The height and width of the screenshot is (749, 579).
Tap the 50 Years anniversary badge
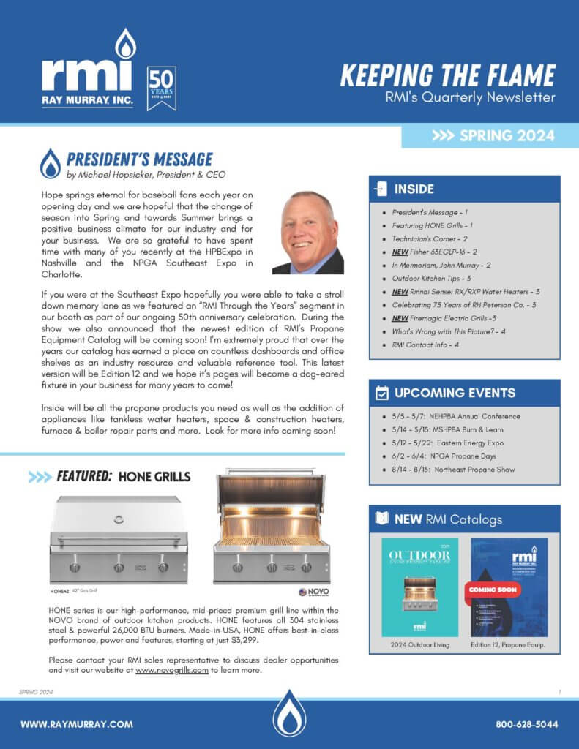pyautogui.click(x=161, y=88)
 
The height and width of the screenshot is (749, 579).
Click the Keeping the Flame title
pyautogui.click(x=448, y=75)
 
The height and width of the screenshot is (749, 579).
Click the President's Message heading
pyautogui.click(x=139, y=159)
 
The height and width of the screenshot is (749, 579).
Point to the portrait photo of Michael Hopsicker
pyautogui.click(x=308, y=233)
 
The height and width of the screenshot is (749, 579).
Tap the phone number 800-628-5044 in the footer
pyautogui.click(x=527, y=724)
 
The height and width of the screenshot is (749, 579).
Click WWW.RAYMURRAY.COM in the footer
pyautogui.click(x=77, y=724)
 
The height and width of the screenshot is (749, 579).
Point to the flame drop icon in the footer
pyautogui.click(x=289, y=713)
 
